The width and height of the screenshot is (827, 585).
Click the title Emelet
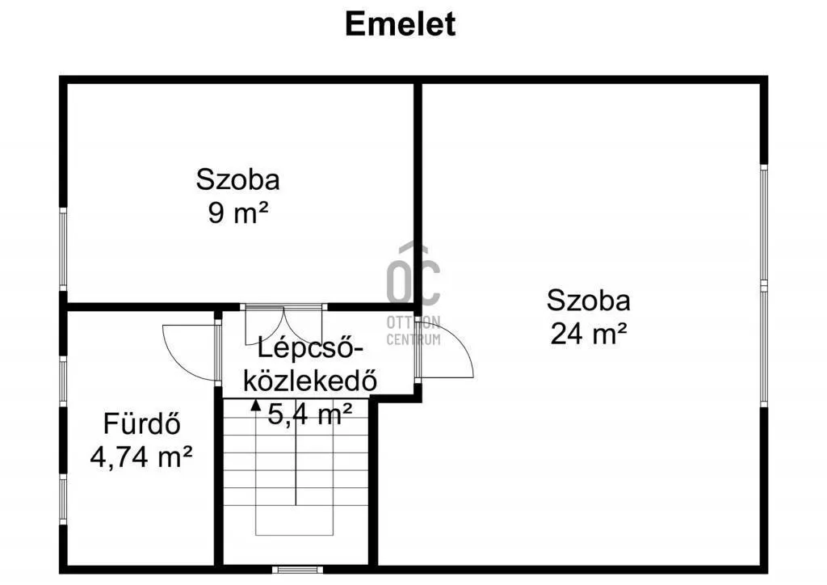click(x=400, y=23)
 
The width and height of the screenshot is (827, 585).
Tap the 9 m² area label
click(x=237, y=213)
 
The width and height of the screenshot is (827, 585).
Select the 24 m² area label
click(x=588, y=333)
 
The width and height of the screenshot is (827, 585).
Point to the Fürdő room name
click(x=141, y=423)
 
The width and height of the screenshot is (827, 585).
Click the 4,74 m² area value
click(x=141, y=457)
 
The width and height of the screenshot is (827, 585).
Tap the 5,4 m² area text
click(x=311, y=415)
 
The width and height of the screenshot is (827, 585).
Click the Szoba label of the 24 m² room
click(x=588, y=301)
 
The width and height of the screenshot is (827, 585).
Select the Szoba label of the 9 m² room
click(x=237, y=179)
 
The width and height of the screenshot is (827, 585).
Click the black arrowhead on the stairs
click(x=256, y=406)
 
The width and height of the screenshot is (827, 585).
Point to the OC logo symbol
click(x=413, y=275)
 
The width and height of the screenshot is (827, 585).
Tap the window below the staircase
click(x=297, y=570)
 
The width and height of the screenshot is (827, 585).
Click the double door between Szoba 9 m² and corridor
click(x=283, y=308)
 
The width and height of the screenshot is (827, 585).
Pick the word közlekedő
click(x=310, y=381)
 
